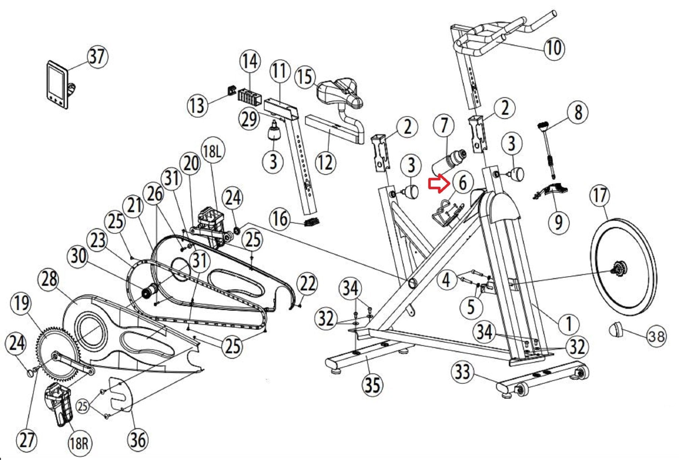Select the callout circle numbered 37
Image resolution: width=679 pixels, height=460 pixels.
point(97,57)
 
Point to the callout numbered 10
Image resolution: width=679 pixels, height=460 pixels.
point(554,48)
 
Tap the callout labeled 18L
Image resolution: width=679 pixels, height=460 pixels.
point(212,152)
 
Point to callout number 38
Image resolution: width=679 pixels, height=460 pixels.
point(656,337)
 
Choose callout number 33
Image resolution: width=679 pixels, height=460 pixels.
point(463,371)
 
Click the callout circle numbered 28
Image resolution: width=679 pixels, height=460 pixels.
point(50,279)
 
